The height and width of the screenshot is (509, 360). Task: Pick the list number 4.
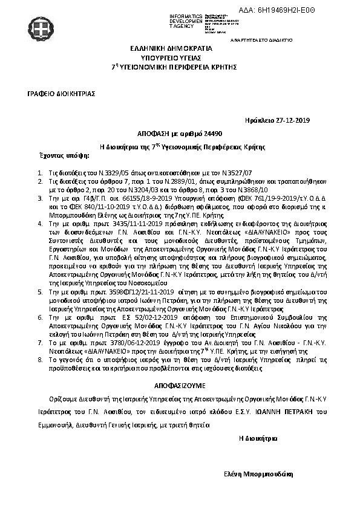click(40, 223)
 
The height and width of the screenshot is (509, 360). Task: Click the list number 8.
click(40, 358)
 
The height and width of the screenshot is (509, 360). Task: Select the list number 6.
click(40, 316)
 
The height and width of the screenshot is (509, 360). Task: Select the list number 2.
click(40, 180)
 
